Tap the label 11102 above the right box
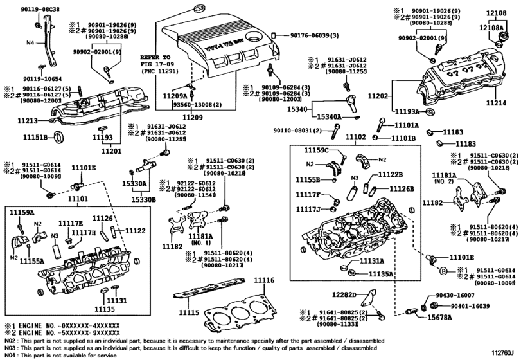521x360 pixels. (x=353, y=137)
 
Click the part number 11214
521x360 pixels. (x=495, y=103)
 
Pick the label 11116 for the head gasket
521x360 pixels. (x=263, y=280)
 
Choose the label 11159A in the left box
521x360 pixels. (x=21, y=212)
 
